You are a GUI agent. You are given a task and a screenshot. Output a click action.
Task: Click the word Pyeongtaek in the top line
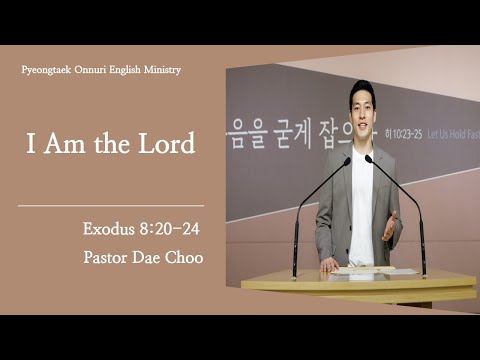point(47,70)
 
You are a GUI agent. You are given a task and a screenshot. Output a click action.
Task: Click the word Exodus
point(107,230)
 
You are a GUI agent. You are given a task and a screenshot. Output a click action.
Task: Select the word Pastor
point(108,258)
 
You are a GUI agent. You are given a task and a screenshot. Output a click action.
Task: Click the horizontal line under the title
point(111,206)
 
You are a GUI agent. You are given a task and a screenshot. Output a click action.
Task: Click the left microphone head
point(347,160)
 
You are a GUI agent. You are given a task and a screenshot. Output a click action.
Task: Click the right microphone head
point(369,158)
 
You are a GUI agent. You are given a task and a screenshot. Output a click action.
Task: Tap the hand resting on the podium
point(327,266)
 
